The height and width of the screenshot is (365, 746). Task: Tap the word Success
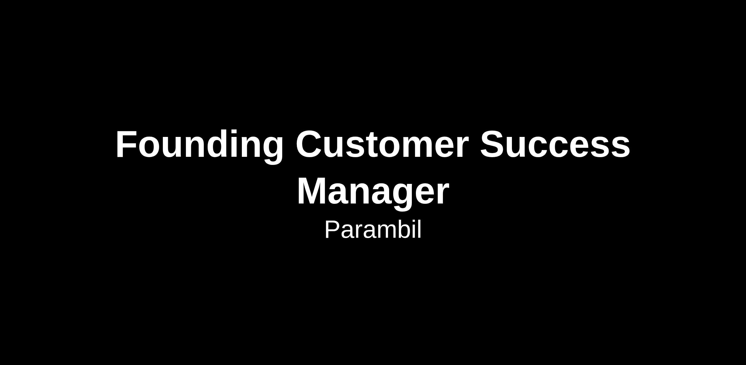point(555,145)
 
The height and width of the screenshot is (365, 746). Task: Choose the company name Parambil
point(373,230)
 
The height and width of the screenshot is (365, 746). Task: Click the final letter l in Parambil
point(420,229)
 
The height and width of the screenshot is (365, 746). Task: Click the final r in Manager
point(442,195)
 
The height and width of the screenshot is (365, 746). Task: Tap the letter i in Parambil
point(413,229)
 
